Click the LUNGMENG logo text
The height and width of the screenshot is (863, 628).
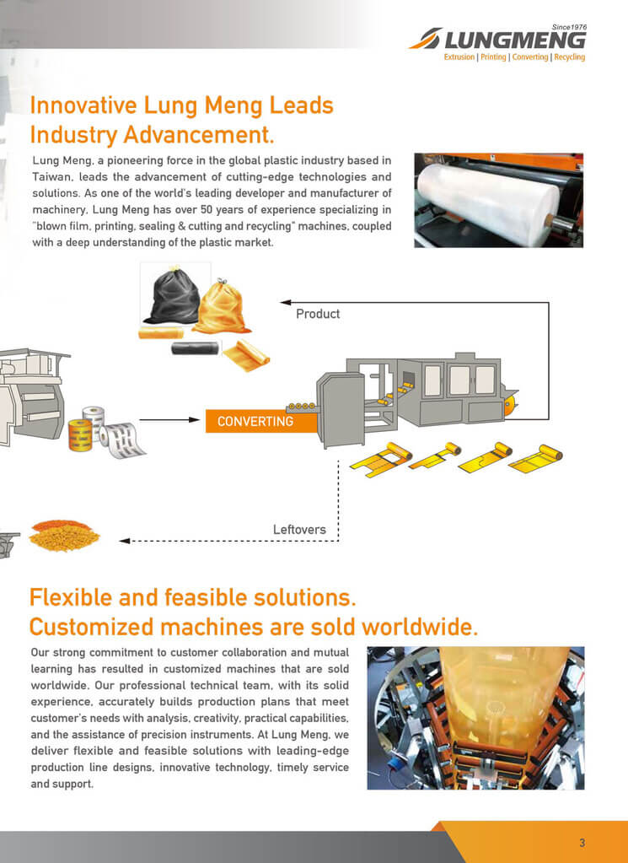tap(515, 40)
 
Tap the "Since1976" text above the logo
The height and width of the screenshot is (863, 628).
tap(569, 27)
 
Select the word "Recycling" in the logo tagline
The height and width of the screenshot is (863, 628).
tap(569, 57)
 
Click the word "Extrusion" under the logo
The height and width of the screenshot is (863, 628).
tap(459, 57)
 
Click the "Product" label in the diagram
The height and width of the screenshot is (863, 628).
tap(318, 314)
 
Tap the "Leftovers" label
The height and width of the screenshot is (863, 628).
tap(299, 530)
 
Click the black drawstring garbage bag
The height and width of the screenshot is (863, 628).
tap(171, 296)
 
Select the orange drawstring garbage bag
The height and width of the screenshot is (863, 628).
tap(221, 306)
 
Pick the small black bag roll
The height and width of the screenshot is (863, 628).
tap(196, 348)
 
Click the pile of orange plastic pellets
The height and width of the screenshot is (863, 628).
tap(64, 536)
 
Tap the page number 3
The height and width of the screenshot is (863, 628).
tap(582, 843)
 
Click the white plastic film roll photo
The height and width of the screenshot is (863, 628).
tap(499, 200)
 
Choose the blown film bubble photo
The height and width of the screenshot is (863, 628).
tap(475, 718)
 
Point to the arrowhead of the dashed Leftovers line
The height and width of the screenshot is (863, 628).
tap(124, 541)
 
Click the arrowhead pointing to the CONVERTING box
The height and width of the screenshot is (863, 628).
tap(194, 420)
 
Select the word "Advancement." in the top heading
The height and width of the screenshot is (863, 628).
tap(199, 135)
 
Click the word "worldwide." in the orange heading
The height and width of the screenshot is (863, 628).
tap(420, 627)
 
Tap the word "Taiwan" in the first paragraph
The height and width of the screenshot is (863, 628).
tap(51, 177)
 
